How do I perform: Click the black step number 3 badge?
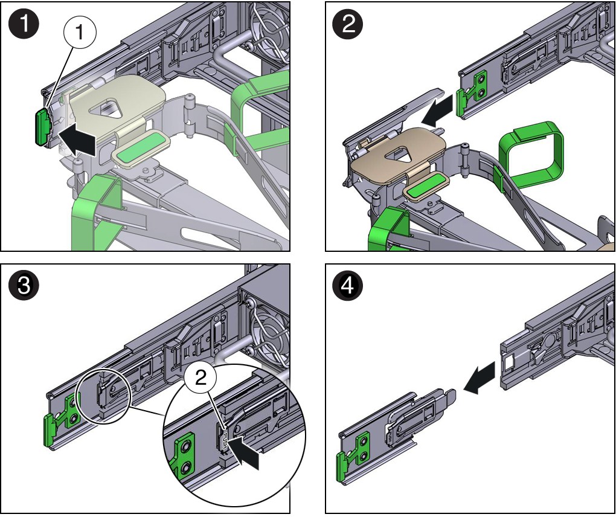[x=24, y=286]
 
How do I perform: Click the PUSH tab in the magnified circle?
[x=224, y=440]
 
